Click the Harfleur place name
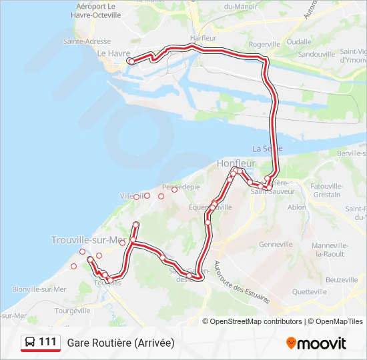pyautogui.click(x=203, y=38)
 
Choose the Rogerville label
pyautogui.click(x=264, y=45)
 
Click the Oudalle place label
pyautogui.click(x=299, y=41)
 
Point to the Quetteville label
pyautogui.click(x=309, y=291)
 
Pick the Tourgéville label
pyautogui.click(x=72, y=311)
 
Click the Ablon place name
pyautogui.click(x=297, y=207)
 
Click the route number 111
pyautogui.click(x=47, y=342)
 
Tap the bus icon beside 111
pyautogui.click(x=31, y=342)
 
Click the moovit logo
pyautogui.click(x=316, y=343)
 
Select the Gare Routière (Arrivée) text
pyautogui.click(x=120, y=343)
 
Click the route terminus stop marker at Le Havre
pyautogui.click(x=131, y=61)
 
